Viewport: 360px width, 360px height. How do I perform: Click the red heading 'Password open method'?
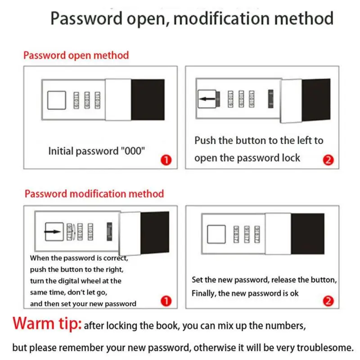76,55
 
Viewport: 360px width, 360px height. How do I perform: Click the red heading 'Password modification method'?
94,194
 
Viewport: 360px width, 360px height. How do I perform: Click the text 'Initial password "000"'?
97,151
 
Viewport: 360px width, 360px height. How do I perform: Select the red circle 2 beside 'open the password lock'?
328,160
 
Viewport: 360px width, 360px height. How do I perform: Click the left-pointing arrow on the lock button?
207,99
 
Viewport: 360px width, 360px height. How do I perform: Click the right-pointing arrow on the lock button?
54,232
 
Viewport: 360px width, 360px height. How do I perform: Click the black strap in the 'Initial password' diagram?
148,99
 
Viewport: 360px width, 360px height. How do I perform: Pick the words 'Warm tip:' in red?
47,324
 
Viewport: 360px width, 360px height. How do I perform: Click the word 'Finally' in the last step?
205,293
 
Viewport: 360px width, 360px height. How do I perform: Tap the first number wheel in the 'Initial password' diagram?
76,100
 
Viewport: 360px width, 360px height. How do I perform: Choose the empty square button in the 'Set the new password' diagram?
216,234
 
